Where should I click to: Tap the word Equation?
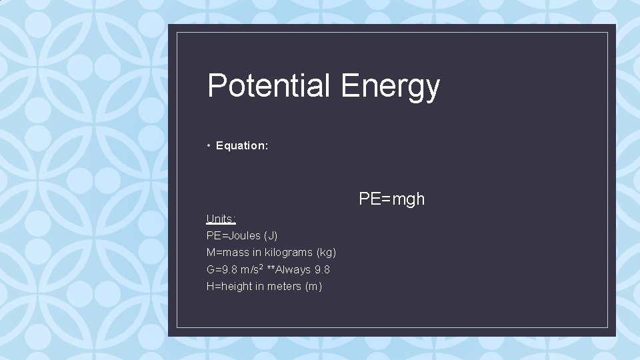coord(242,145)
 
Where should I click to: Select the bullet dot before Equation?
coord(209,145)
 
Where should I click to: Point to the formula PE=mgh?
coord(391,199)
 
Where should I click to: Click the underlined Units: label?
coord(221,219)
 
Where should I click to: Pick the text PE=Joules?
coord(233,235)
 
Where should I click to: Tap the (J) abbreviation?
coord(271,235)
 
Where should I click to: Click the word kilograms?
coord(288,253)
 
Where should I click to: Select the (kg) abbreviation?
coord(326,253)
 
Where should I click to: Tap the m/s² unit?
coord(253,269)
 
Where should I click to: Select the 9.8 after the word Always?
coord(322,270)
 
